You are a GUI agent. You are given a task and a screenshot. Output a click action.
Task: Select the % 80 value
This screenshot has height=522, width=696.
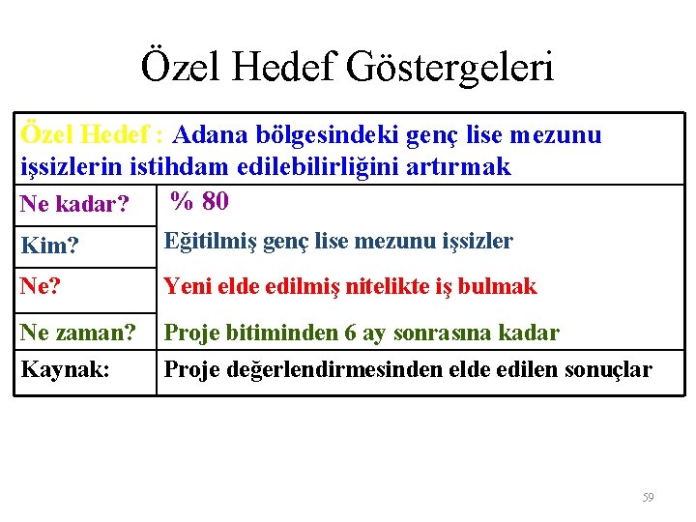[199, 201]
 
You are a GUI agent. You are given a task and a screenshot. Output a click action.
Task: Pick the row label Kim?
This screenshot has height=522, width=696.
[49, 246]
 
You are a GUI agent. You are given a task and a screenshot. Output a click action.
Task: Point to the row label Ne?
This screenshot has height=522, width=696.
[41, 286]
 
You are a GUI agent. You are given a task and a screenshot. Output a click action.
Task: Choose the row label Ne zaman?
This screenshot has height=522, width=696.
[78, 333]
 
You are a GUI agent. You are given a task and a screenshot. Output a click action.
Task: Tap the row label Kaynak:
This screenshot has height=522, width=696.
[65, 369]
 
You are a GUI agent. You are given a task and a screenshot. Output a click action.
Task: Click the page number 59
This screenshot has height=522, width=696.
[648, 498]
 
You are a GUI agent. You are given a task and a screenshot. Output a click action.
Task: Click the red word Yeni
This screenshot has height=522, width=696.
[187, 286]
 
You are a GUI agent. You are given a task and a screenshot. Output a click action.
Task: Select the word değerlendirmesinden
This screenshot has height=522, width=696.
[326, 369]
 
